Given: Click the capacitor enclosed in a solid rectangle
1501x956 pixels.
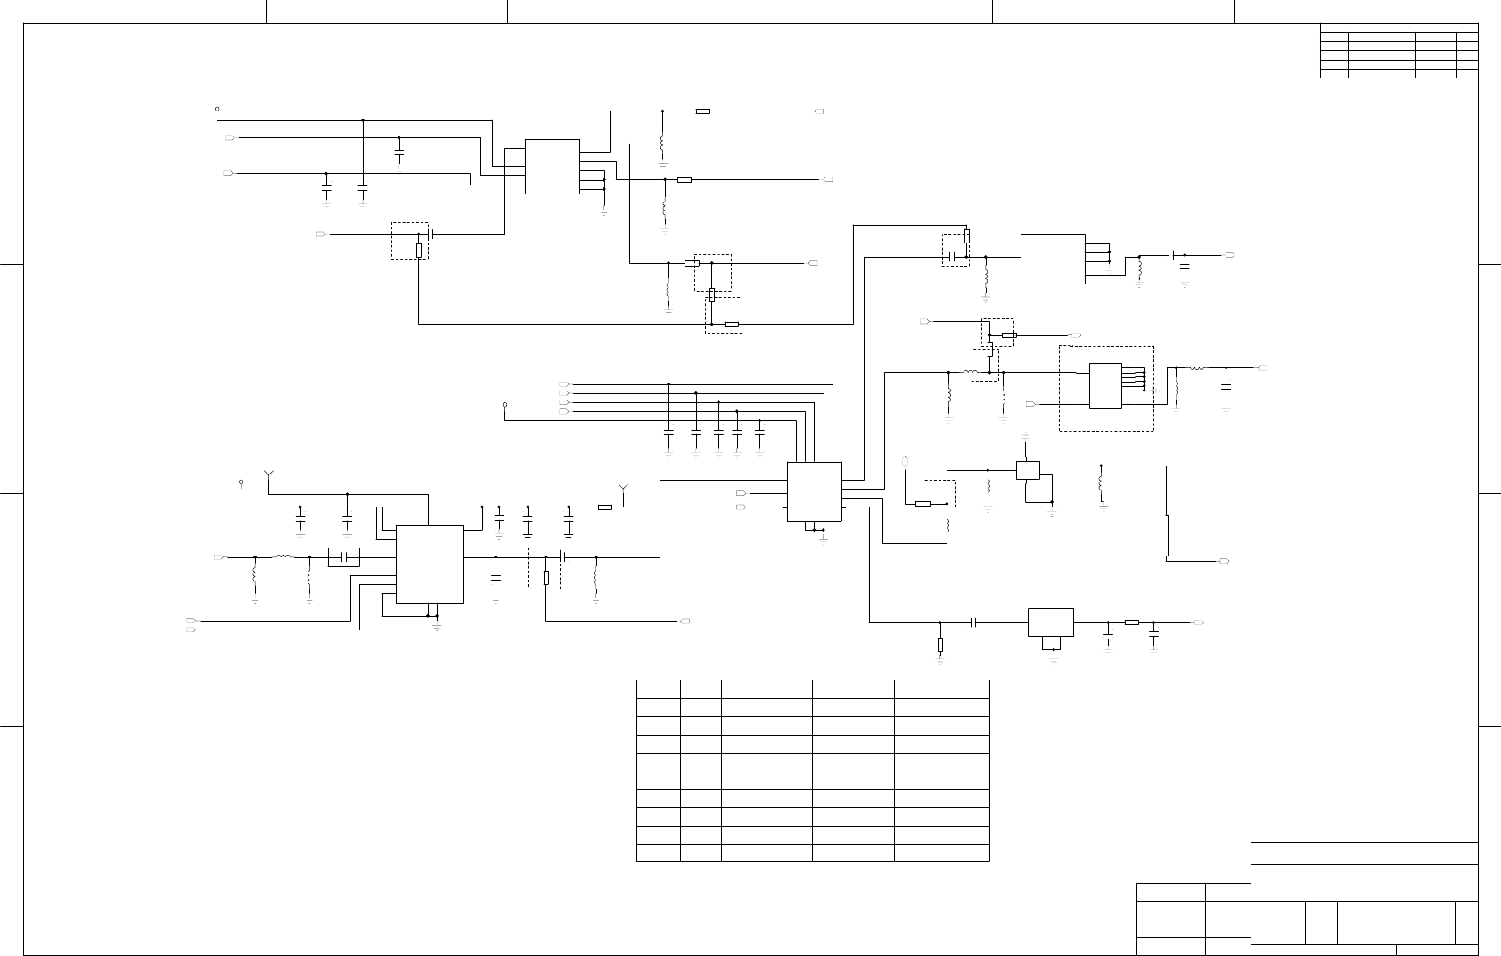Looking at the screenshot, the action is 343,557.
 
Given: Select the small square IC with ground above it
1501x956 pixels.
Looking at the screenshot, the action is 1028,470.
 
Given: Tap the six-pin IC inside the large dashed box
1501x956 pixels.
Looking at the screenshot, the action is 1105,385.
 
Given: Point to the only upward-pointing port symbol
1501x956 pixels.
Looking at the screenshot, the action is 906,461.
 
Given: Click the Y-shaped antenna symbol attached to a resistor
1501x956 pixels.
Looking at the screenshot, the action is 623,489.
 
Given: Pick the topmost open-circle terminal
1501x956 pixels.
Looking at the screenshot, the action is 217,111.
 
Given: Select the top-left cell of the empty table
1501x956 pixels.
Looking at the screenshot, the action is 659,688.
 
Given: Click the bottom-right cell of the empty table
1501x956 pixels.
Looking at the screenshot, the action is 941,852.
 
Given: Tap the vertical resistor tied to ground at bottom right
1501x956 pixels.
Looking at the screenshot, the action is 940,644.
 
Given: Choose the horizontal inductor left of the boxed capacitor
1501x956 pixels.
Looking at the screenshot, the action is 283,557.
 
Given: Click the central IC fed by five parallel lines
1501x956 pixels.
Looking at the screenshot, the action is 815,491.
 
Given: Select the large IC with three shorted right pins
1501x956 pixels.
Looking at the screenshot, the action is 1052,259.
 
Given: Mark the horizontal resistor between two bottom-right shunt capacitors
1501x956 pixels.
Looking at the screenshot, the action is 1131,622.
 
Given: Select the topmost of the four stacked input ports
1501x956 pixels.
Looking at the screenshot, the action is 563,384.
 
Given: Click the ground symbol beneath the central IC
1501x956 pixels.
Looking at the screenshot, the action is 822,538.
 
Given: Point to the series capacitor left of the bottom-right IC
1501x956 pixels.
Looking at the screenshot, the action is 973,622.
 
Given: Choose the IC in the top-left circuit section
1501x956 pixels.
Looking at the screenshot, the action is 553,167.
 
